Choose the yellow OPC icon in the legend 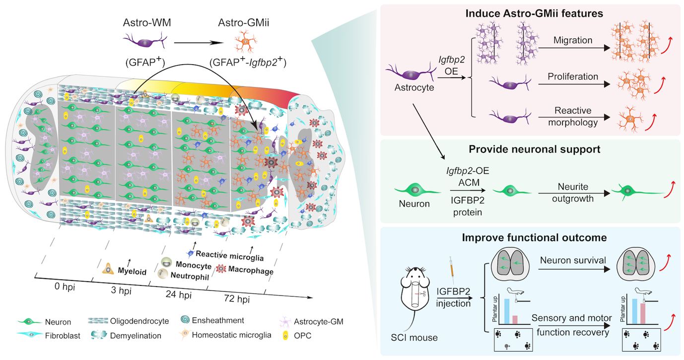click(288, 335)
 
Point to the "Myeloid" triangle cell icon click(108, 269)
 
